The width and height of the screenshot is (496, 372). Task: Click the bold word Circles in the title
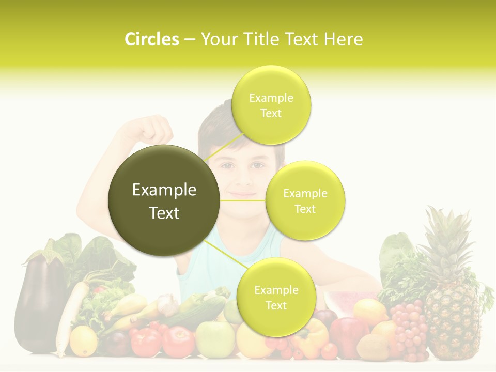pos(152,39)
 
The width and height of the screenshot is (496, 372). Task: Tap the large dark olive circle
pos(164,200)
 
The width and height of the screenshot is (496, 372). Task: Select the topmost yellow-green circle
pos(271,105)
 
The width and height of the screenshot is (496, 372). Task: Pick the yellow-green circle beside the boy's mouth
pos(305,200)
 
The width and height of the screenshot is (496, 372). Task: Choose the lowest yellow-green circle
pos(276,297)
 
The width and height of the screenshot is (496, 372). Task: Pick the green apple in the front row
pos(215,339)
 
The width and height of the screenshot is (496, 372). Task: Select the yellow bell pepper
pos(310,338)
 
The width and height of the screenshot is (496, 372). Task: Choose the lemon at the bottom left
pos(83,341)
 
